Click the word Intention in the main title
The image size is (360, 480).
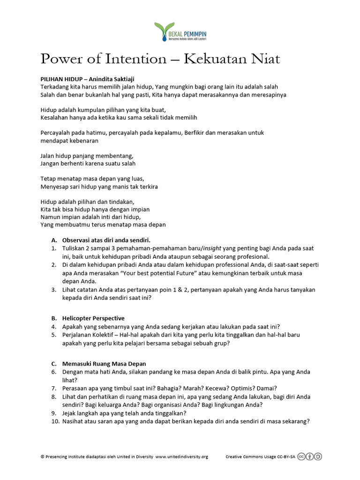point(137,59)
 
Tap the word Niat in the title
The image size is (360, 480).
point(264,59)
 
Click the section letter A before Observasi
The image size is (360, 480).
point(53,240)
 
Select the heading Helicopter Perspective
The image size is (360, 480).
point(93,318)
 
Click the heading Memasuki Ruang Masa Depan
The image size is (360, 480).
point(104,364)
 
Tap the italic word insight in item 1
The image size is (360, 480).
point(214,248)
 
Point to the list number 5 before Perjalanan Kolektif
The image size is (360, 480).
point(54,335)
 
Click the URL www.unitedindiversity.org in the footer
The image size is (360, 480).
point(181,457)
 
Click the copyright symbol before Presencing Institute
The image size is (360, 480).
point(43,457)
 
